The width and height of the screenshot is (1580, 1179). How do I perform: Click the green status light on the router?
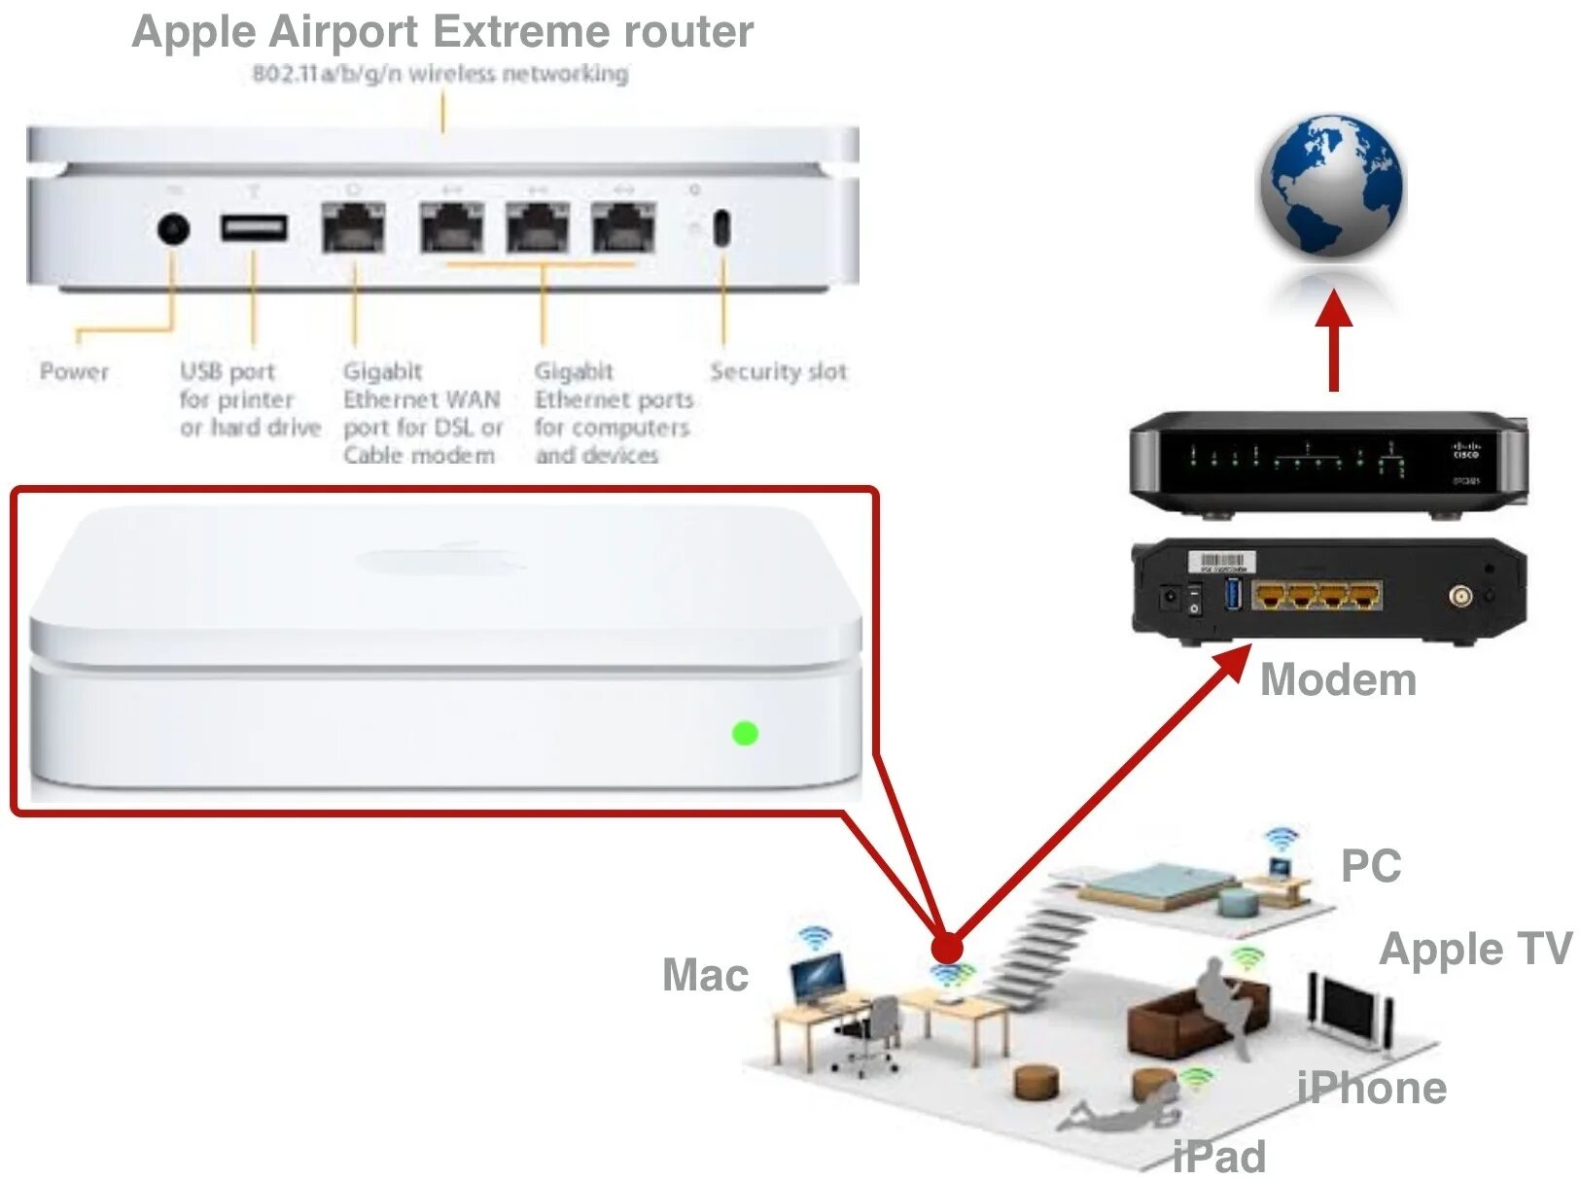pos(745,733)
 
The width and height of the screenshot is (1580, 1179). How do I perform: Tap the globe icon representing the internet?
pos(1331,186)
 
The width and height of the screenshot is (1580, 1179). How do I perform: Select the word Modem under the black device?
pos(1338,679)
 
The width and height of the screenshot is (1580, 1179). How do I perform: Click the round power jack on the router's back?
pos(173,230)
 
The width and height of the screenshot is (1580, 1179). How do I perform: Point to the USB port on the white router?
pos(254,228)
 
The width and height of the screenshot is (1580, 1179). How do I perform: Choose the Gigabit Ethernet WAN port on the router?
pos(354,228)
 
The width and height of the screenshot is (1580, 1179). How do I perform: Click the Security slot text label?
pos(778,371)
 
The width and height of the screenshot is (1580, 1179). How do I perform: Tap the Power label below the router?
pos(74,371)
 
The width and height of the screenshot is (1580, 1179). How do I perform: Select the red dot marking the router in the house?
pos(946,948)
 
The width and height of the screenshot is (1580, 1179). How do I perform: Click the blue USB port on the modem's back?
pos(1234,593)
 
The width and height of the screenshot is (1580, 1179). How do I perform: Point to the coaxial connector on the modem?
pos(1459,596)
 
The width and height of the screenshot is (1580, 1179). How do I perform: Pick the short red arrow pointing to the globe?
pos(1334,340)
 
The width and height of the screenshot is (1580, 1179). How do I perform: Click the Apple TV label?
pos(1475,949)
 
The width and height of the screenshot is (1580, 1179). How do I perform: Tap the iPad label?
pos(1218,1157)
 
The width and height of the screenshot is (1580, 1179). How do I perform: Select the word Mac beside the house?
pos(705,975)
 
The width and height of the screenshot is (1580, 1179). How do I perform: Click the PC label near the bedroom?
pos(1370,866)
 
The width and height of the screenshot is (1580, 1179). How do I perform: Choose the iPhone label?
pos(1372,1088)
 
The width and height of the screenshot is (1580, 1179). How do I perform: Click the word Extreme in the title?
pos(521,32)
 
